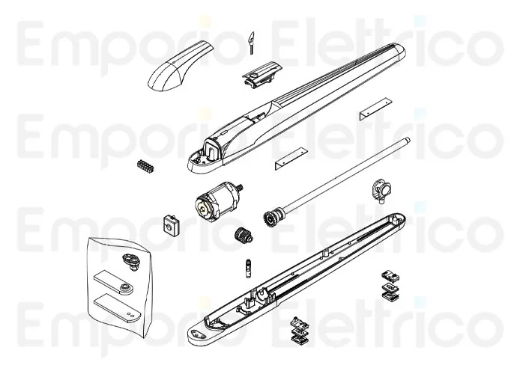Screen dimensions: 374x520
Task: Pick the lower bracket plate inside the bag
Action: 115,307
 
